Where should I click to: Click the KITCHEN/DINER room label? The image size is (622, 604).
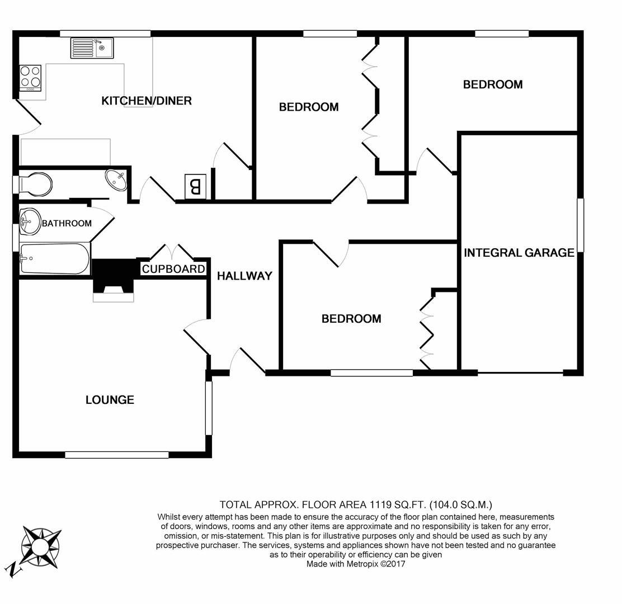(147, 101)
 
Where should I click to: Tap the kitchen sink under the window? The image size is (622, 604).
(92, 48)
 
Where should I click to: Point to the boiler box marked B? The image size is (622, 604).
(195, 186)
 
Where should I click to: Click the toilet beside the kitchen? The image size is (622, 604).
(35, 184)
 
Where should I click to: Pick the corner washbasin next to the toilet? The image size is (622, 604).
(117, 180)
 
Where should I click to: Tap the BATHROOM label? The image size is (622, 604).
(67, 223)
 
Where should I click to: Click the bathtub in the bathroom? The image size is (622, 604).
(55, 258)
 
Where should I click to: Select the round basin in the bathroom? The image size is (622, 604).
(30, 221)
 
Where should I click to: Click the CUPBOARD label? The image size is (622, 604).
(173, 269)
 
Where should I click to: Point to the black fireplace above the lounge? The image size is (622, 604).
(114, 275)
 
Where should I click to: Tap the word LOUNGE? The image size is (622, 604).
(110, 400)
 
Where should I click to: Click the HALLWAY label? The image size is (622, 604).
(244, 276)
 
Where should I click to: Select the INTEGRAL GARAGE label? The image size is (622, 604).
(519, 253)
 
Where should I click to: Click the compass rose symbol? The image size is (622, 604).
(39, 544)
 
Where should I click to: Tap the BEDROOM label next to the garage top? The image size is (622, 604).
(493, 84)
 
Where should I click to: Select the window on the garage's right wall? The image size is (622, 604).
(580, 225)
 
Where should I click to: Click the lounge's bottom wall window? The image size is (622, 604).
(116, 455)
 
